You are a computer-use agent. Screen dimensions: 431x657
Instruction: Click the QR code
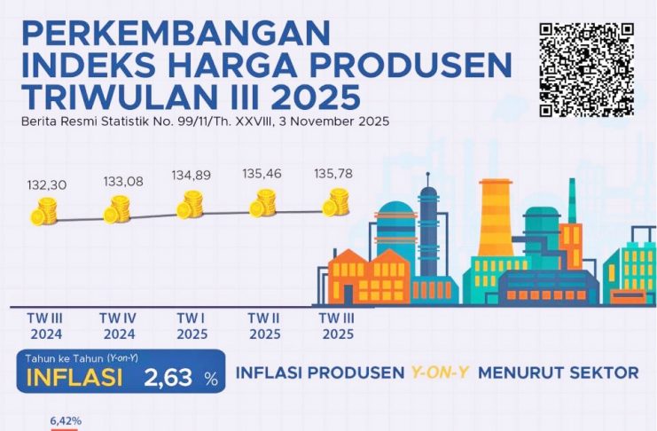tap(587, 68)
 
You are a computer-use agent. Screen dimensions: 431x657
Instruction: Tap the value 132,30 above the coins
tap(46, 184)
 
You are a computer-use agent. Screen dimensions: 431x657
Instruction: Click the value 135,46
tap(262, 176)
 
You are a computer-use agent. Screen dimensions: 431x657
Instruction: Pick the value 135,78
tap(333, 174)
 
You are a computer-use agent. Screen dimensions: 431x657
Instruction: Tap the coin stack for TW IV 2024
tap(117, 210)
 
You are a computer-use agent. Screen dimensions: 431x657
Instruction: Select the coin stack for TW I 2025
tap(191, 206)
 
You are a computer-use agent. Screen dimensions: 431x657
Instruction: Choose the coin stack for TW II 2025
tap(263, 204)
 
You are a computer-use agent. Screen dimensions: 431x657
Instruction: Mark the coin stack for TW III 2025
tap(336, 202)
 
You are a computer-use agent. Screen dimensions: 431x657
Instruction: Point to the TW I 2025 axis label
tap(190, 325)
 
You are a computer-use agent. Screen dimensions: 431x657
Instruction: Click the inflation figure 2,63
tap(168, 379)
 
